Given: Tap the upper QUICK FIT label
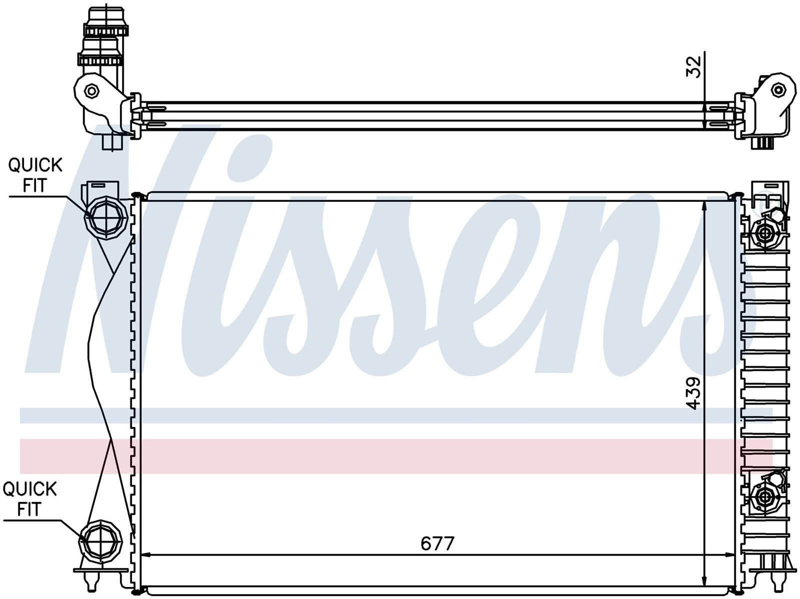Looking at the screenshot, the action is (x=35, y=175).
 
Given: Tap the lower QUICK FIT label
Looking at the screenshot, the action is (x=29, y=499).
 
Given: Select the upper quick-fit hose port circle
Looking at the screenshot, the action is (x=106, y=217).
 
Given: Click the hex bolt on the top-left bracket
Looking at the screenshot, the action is (x=90, y=90).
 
